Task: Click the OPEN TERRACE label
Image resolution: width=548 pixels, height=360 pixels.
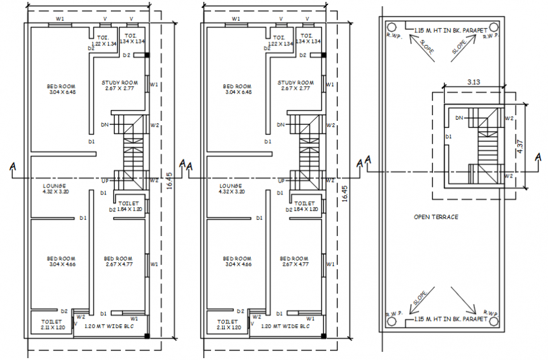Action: point(436,217)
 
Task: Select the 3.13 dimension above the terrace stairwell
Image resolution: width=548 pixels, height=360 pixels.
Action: point(474,81)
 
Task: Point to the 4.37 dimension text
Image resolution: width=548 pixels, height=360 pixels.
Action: point(520,147)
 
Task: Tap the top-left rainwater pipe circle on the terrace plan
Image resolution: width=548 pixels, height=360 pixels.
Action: point(391,27)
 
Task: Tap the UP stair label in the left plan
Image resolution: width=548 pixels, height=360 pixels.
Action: point(105,181)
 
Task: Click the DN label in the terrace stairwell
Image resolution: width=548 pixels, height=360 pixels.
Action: point(459,118)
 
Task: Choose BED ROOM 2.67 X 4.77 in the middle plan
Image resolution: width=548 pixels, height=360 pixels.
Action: point(294,261)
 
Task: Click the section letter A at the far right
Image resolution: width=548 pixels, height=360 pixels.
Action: point(538,157)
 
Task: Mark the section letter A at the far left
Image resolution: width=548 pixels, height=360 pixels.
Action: point(13,166)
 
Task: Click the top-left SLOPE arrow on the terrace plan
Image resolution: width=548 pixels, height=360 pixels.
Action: point(419,45)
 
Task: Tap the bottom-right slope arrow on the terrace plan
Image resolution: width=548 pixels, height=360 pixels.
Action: point(467,303)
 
